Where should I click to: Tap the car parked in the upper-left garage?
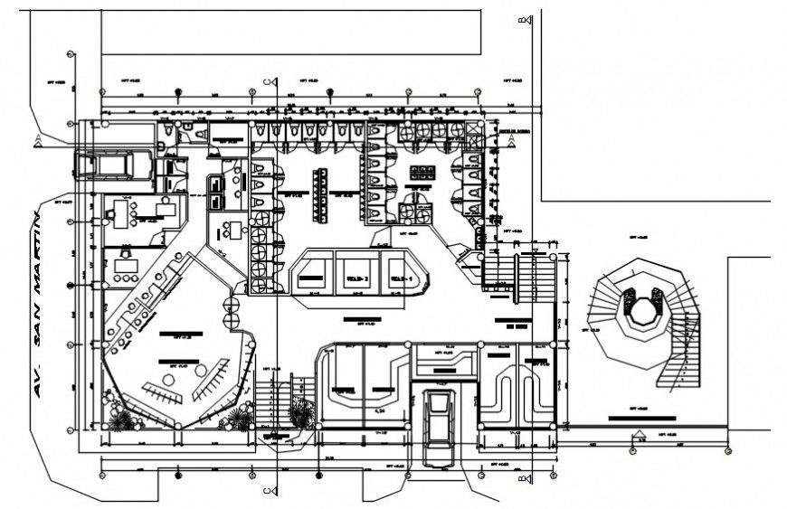[x=106, y=164]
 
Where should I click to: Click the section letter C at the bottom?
[x=267, y=491]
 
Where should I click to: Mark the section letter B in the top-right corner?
[x=522, y=20]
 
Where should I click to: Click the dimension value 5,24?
[x=381, y=411]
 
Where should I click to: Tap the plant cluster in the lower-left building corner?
[x=123, y=418]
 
